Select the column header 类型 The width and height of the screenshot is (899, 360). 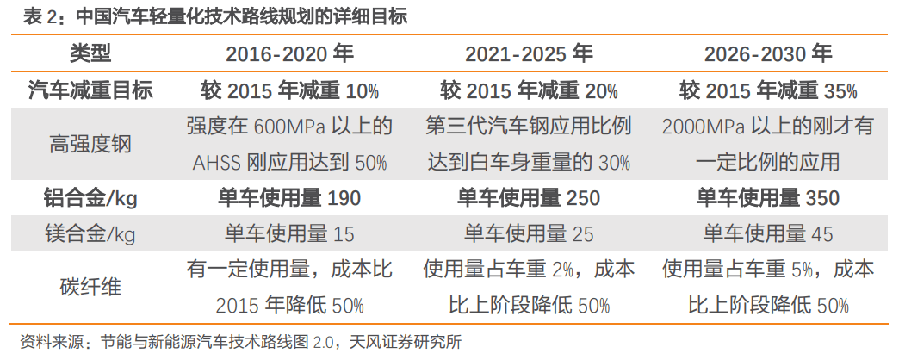point(90,54)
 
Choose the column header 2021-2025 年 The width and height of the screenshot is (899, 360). point(529,54)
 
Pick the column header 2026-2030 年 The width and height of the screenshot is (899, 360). point(768,54)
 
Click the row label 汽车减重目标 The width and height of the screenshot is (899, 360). point(90,90)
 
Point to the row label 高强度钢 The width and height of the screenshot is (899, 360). point(90,144)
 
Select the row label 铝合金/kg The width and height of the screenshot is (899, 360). point(90,198)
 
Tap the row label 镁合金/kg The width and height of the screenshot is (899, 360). point(90,233)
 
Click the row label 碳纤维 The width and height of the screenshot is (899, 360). point(90,287)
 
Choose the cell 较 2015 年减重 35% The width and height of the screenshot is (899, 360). point(768,90)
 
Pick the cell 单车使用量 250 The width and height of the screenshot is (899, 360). point(529,198)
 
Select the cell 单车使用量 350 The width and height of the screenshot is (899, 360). point(768,198)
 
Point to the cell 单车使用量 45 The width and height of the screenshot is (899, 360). point(768,233)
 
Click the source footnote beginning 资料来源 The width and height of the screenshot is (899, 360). point(241,342)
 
